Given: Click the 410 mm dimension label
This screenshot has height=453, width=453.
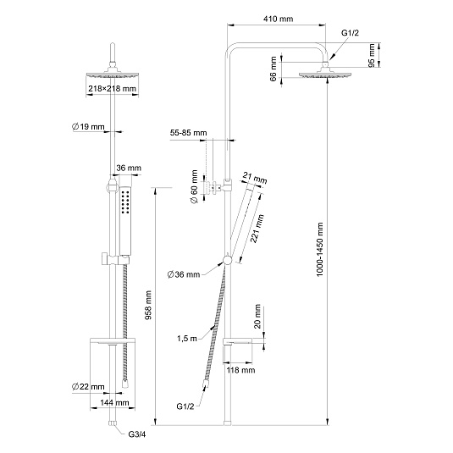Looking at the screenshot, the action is point(279,19).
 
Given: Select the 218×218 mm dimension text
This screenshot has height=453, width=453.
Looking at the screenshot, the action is point(112,88).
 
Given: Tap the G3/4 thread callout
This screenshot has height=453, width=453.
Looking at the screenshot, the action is point(137,434).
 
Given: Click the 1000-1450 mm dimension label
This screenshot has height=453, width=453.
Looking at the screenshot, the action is point(319,249).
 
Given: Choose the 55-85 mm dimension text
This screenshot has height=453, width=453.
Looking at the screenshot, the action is point(188,133).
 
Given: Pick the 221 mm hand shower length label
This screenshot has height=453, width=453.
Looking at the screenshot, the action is point(257,229).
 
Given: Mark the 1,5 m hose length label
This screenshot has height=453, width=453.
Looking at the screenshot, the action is point(187,338).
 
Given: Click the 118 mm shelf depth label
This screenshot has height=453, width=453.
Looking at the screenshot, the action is point(240,370).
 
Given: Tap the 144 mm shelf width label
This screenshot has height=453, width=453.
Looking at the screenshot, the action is point(114,402).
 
